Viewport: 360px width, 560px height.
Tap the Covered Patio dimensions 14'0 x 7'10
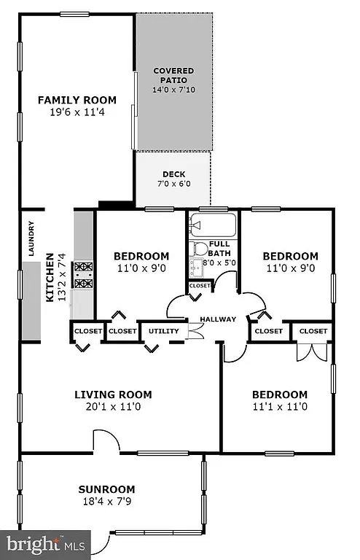(x=174, y=90)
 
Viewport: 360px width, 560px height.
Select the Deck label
(x=173, y=174)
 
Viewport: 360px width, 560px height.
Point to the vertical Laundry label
(x=31, y=238)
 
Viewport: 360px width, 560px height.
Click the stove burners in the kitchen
(x=85, y=275)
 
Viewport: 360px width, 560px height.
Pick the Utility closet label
(x=163, y=331)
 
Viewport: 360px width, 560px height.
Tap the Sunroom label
(x=108, y=489)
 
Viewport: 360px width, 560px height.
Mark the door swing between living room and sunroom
(x=106, y=440)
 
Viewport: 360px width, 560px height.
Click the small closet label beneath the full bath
(x=200, y=287)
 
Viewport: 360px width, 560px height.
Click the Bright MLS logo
(x=45, y=544)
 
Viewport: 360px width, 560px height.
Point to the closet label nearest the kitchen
(x=87, y=331)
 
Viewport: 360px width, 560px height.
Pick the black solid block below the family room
(x=115, y=205)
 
